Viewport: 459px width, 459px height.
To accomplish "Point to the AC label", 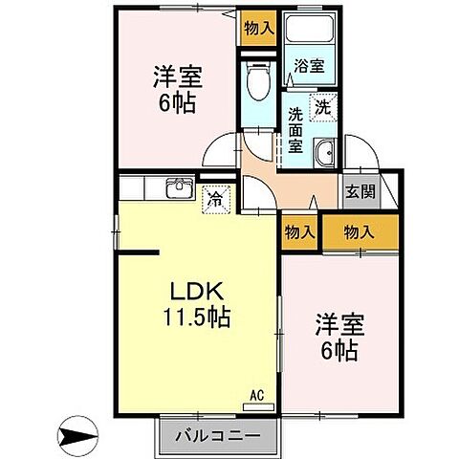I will click(x=256, y=393).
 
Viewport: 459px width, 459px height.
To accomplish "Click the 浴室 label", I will click(x=309, y=67).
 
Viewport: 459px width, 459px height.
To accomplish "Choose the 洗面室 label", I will click(x=295, y=130).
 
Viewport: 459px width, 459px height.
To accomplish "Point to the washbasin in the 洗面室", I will click(x=324, y=151).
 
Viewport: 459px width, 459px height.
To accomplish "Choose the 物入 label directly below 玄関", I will click(x=360, y=231).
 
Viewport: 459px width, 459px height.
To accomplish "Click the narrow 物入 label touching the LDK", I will click(x=300, y=231).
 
